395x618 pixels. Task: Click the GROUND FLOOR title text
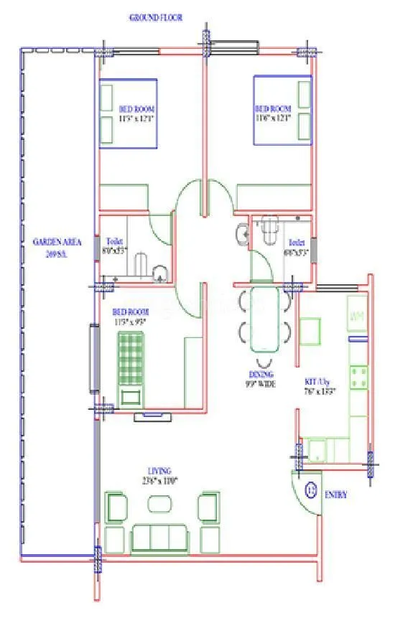click(155, 17)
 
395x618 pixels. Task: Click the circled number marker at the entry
click(312, 492)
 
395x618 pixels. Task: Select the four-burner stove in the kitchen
click(358, 375)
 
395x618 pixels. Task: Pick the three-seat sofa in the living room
click(158, 536)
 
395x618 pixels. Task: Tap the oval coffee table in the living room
click(159, 505)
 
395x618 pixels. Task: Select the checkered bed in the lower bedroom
click(132, 363)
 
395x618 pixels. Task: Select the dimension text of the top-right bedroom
click(273, 118)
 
